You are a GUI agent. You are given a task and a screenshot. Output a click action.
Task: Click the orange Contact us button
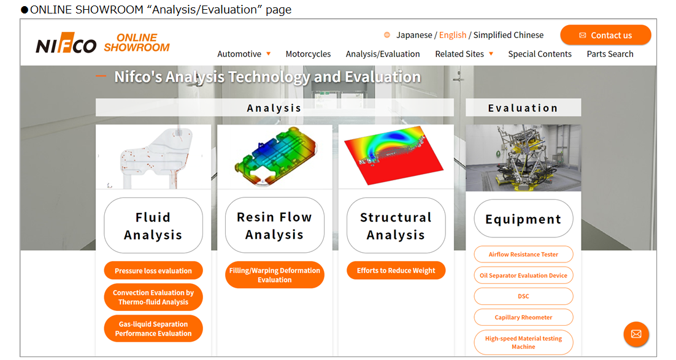coord(605,35)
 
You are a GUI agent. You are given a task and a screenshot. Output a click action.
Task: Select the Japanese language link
coord(414,35)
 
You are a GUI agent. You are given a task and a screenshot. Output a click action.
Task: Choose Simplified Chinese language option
coord(509,35)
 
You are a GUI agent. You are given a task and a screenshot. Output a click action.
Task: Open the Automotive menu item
coord(239,54)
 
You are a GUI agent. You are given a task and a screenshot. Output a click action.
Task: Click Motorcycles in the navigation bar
coord(308,54)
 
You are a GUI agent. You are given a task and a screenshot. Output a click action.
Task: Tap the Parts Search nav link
coord(610,54)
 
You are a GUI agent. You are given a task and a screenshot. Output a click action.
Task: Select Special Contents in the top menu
coord(540,54)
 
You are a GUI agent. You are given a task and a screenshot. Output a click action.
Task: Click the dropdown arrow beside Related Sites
coord(491,54)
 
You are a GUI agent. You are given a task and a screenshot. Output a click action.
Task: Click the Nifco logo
coord(66,43)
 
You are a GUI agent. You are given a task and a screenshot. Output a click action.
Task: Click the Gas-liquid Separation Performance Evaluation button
coord(153,329)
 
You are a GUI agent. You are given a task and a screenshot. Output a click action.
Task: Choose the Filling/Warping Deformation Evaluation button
coord(275,275)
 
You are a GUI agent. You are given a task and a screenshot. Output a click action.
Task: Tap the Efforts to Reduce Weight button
coord(396,270)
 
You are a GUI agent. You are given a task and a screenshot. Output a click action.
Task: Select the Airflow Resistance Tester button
coord(523,255)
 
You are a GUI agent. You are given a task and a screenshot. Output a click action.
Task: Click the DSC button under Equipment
coord(523,296)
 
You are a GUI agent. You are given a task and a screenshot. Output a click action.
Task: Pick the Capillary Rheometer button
coord(523,317)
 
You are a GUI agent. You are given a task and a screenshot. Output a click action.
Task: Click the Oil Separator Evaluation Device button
coord(523,275)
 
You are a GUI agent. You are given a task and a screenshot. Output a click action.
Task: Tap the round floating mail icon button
coord(636,334)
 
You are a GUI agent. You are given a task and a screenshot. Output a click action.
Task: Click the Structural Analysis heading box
coord(396,226)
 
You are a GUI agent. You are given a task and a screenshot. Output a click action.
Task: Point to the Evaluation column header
coord(523,108)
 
